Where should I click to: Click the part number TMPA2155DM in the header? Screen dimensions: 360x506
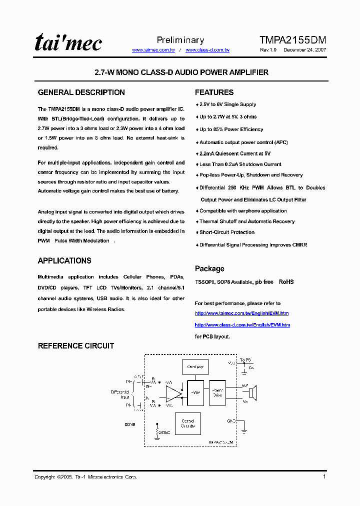(x=293, y=40)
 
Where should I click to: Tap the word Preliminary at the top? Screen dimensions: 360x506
(x=180, y=40)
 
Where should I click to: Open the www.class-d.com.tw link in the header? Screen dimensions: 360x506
(x=207, y=50)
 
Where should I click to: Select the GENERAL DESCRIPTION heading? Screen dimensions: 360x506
(x=81, y=92)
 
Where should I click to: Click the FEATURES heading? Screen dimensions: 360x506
(x=214, y=92)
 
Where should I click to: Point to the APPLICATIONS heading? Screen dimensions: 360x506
(x=64, y=260)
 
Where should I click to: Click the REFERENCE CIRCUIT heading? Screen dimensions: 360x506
(x=76, y=345)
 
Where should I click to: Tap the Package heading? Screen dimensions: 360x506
(x=209, y=268)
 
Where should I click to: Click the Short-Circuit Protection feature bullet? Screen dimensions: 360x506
(x=227, y=232)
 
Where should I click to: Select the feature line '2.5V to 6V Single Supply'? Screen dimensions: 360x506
(x=227, y=104)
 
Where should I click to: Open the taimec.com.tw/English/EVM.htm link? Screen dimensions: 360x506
(x=241, y=313)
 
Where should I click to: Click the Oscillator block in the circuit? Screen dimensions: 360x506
(x=195, y=367)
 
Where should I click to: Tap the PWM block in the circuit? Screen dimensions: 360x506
(x=195, y=393)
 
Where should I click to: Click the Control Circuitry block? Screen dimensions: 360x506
(x=188, y=423)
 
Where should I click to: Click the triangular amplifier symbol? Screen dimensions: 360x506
(x=173, y=393)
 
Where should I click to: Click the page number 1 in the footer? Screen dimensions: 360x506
(x=324, y=476)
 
